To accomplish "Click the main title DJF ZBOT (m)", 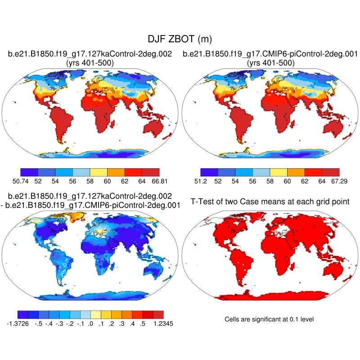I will click(x=180, y=40).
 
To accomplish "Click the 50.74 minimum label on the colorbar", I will click(x=21, y=181).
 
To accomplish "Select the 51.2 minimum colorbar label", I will click(x=201, y=181).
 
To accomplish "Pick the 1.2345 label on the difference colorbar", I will click(x=163, y=323).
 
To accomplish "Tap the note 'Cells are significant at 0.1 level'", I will click(x=269, y=319).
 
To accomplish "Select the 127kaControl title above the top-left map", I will click(x=90, y=54).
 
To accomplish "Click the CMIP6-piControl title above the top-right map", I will click(x=270, y=54).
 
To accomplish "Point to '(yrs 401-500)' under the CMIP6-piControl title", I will click(x=270, y=63).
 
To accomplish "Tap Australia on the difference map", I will click(x=157, y=269).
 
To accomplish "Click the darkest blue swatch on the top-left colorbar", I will click(x=29, y=172).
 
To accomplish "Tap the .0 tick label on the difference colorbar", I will click(x=90, y=323).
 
